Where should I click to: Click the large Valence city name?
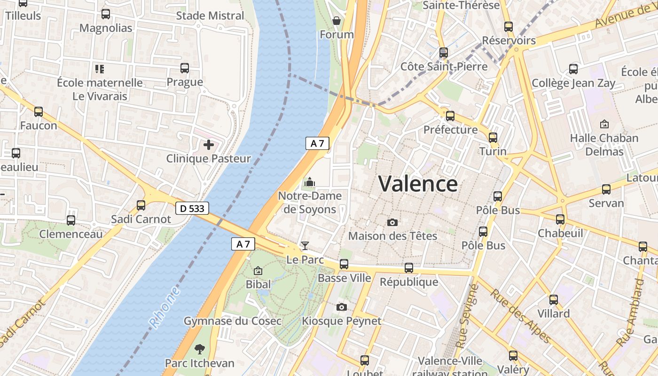tap(418, 184)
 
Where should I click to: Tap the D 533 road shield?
tap(192, 208)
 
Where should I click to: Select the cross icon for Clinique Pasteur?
tap(209, 145)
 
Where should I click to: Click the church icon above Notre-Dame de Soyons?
tap(310, 181)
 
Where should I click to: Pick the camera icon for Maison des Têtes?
tap(392, 222)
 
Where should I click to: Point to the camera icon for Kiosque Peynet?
tap(342, 307)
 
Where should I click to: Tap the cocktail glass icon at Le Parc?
tap(305, 245)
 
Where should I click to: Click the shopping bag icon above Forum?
tap(337, 21)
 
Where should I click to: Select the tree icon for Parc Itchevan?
tap(200, 349)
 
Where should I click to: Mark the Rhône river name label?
tap(165, 307)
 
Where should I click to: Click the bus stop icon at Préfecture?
tap(450, 116)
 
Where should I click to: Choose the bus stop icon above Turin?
tap(493, 137)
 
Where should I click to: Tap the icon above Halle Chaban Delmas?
tap(604, 125)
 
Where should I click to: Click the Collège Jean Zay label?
tap(573, 83)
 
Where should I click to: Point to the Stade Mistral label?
tap(210, 16)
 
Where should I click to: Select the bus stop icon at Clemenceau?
tap(71, 220)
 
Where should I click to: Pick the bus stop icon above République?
tap(409, 268)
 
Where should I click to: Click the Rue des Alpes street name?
tap(520, 316)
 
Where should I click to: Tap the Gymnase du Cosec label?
tap(232, 321)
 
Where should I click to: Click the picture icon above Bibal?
tap(258, 271)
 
